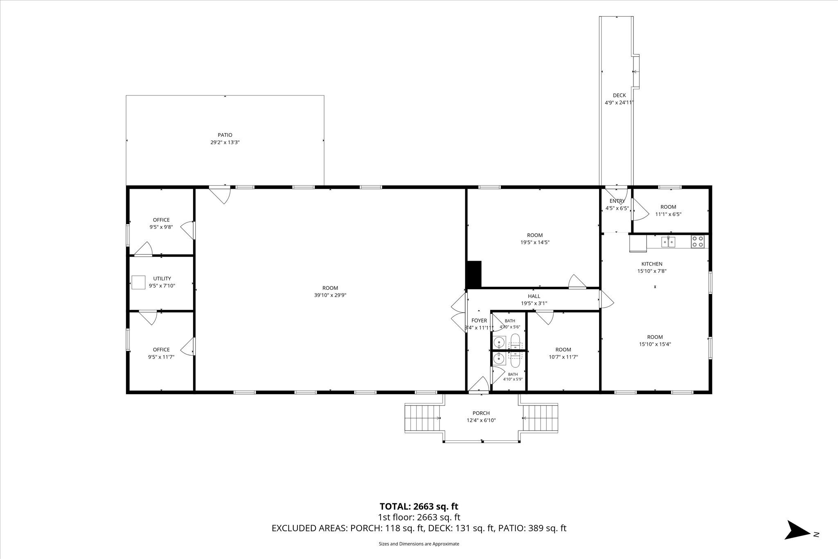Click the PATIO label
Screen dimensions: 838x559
point(225,135)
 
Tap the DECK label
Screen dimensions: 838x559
point(619,95)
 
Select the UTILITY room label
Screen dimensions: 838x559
point(162,279)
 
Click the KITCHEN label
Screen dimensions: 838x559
point(652,264)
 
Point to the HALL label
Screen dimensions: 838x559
point(534,296)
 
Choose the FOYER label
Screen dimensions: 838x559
point(479,320)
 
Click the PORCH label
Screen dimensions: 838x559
point(481,413)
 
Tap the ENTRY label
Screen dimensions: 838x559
point(617,201)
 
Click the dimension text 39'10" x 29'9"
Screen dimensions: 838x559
point(330,295)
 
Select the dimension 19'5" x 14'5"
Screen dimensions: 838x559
point(535,242)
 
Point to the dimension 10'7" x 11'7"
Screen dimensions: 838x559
point(563,357)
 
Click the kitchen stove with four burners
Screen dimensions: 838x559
point(698,242)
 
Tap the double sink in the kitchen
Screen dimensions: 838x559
point(669,242)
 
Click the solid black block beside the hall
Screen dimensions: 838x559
point(474,274)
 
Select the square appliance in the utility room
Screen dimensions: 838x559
point(138,282)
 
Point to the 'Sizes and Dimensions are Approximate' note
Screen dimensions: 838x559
point(419,544)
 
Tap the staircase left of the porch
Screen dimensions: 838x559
point(423,417)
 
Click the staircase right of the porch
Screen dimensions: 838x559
point(540,417)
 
